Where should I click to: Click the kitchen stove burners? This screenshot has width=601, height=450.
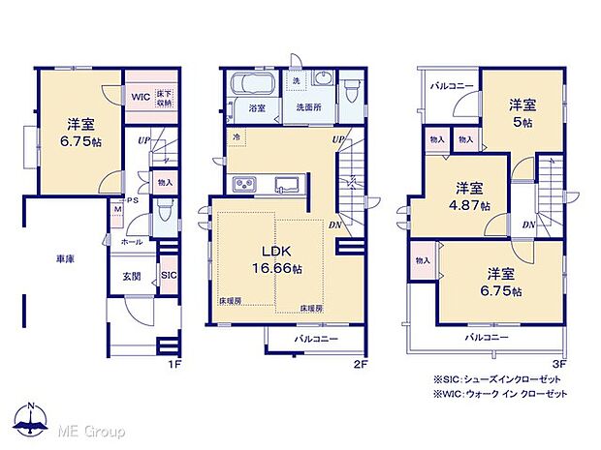pos(242,185)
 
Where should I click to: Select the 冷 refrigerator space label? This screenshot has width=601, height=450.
pos(236,138)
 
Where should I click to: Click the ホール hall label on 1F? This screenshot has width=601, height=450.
pos(133,242)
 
